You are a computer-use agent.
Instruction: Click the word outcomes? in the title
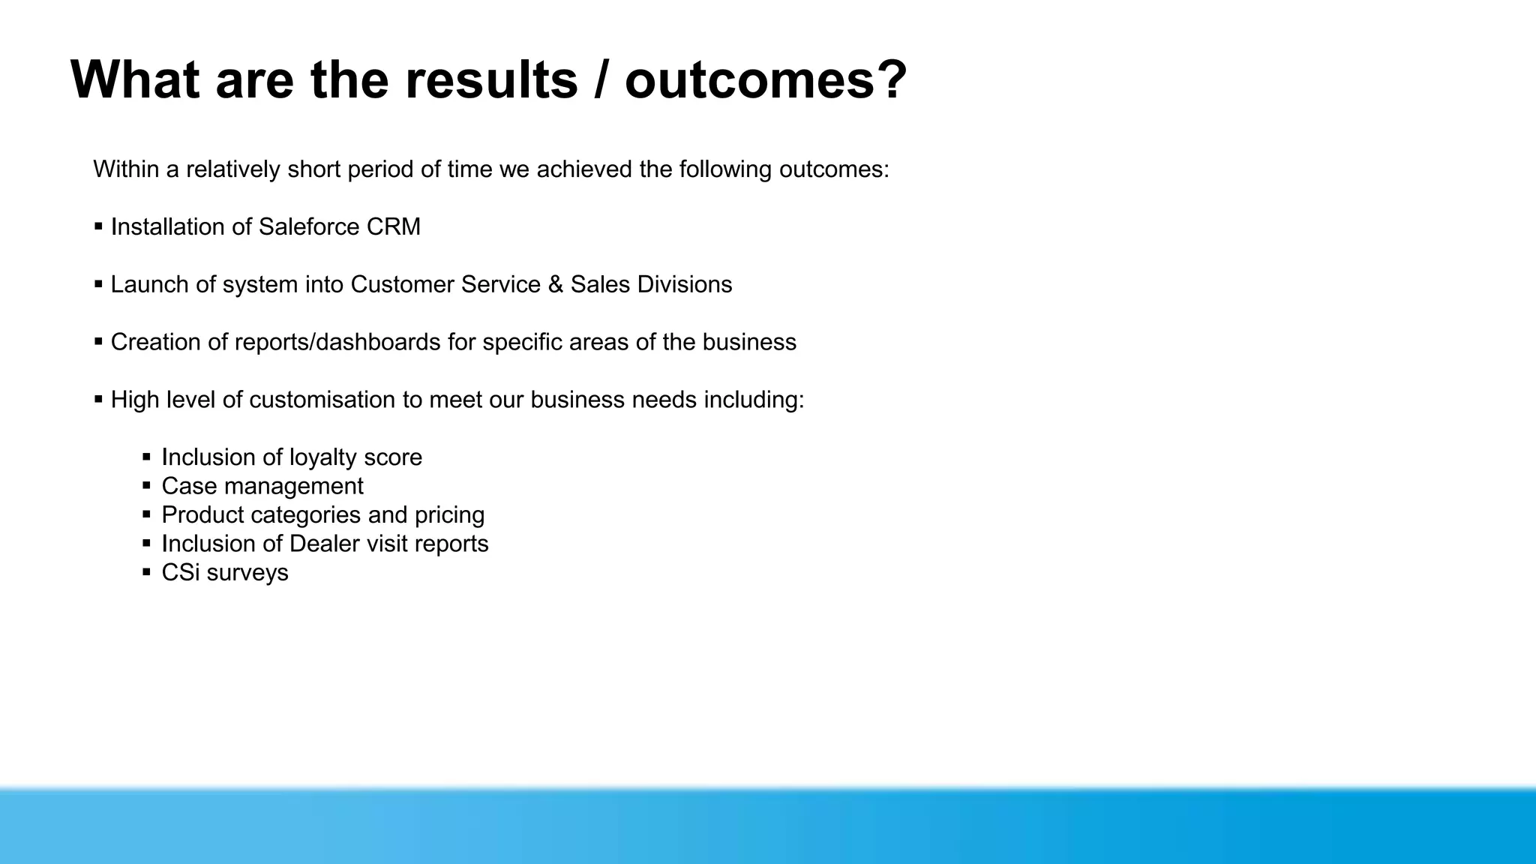tap(766, 79)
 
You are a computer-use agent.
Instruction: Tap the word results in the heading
tap(491, 79)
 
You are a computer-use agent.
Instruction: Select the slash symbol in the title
tap(601, 79)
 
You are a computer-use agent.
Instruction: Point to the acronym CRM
tap(393, 226)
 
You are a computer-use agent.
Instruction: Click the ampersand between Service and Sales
tap(555, 284)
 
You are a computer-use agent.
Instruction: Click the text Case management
tap(262, 486)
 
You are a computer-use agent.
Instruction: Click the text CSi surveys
tap(225, 572)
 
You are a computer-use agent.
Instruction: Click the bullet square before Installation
tap(98, 226)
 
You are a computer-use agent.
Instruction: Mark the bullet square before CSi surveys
tap(146, 572)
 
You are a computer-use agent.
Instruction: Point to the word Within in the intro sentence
tap(126, 169)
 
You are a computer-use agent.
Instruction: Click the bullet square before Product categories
tap(146, 514)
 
